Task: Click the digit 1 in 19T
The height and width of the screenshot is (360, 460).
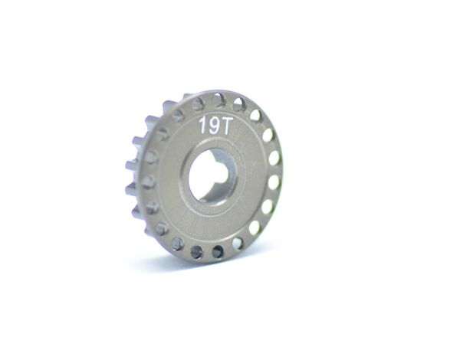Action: (202, 125)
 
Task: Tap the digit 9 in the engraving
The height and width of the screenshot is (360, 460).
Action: (212, 126)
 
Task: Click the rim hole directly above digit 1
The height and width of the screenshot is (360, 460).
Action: (199, 103)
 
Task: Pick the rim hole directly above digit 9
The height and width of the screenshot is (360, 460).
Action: (218, 101)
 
